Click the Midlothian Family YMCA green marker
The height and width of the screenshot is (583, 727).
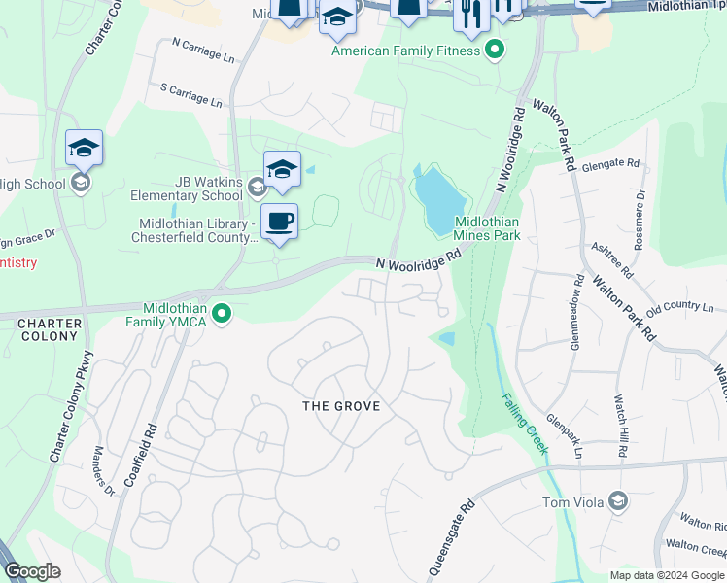(222, 313)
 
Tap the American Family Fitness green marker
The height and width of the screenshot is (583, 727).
(495, 49)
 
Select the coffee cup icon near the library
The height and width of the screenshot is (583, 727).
(279, 222)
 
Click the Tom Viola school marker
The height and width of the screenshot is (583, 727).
(617, 501)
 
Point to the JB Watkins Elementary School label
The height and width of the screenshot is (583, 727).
(188, 187)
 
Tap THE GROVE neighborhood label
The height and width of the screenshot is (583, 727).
(340, 405)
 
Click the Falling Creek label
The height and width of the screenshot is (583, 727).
(525, 422)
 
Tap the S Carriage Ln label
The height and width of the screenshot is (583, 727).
(197, 93)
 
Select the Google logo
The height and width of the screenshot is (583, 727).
(33, 570)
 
